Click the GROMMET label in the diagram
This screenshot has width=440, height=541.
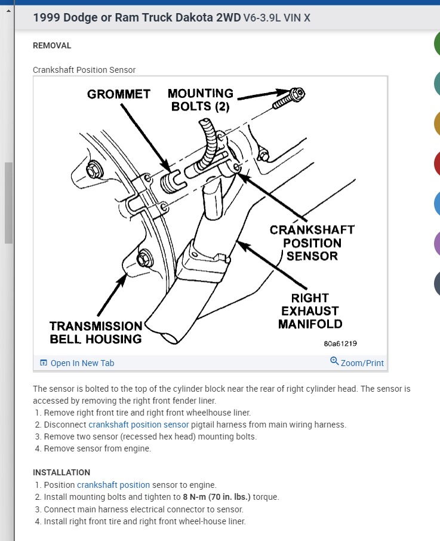[118, 94]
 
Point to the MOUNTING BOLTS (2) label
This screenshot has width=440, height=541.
[200, 100]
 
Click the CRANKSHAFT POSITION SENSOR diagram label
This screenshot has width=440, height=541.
[312, 242]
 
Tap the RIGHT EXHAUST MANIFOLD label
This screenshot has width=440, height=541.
[311, 311]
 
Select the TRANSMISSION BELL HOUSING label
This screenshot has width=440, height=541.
[96, 333]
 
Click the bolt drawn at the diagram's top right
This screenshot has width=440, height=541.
[290, 97]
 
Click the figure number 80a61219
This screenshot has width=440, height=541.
[340, 343]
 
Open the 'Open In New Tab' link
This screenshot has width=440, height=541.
[82, 363]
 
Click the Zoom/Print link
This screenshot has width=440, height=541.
[362, 363]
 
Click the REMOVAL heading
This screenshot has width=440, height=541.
[52, 45]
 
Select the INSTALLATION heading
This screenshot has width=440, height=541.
[61, 472]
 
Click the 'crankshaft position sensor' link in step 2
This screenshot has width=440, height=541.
[139, 425]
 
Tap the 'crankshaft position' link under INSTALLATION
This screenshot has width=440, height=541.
[113, 485]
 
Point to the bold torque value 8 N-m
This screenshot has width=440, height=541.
[195, 497]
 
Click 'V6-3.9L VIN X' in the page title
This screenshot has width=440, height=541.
[277, 18]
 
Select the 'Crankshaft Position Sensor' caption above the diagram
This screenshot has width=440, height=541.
[84, 70]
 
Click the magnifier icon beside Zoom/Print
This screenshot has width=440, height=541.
[334, 361]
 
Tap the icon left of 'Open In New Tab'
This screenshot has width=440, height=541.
[43, 363]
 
